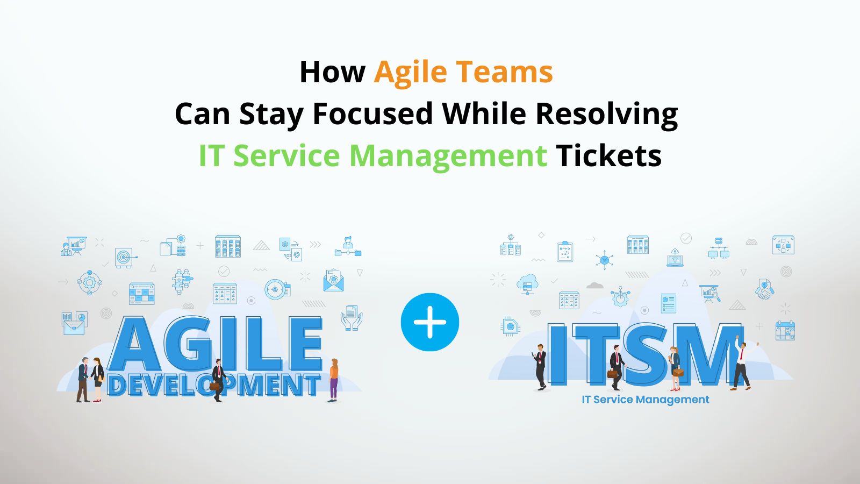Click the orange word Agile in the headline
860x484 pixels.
(x=410, y=73)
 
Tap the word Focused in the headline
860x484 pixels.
(x=372, y=114)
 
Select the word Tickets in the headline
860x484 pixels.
(x=608, y=156)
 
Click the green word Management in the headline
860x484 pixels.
(x=448, y=156)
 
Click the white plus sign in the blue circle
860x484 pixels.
(x=430, y=323)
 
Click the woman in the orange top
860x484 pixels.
(x=334, y=380)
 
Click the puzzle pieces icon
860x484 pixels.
(x=182, y=280)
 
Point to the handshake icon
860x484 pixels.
(x=764, y=290)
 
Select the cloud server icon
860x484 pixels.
(x=527, y=283)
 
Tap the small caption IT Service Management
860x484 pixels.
(x=645, y=400)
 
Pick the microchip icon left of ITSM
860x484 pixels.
(x=510, y=326)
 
